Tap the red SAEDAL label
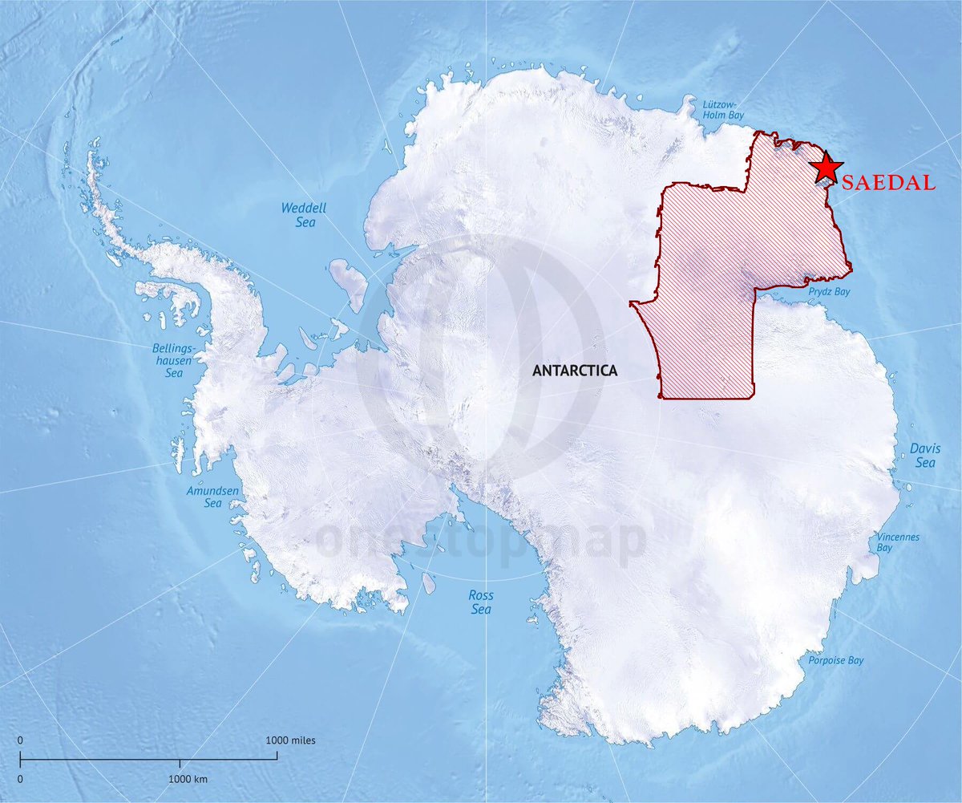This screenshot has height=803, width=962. click(x=890, y=183)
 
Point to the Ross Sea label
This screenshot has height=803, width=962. click(x=481, y=602)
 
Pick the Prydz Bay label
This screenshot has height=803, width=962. click(x=830, y=292)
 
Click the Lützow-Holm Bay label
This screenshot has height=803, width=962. click(x=721, y=110)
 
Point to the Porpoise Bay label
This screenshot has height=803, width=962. click(x=835, y=660)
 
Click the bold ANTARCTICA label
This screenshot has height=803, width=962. click(x=575, y=371)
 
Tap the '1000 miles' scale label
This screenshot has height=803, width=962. click(x=291, y=740)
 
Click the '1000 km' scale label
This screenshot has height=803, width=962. click(x=189, y=779)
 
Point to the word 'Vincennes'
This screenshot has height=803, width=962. click(x=898, y=536)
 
